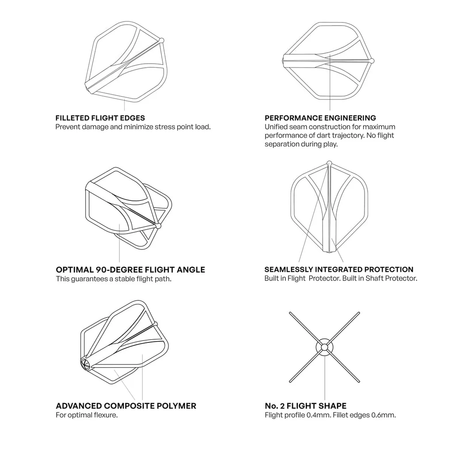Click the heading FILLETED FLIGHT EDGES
coord(100,118)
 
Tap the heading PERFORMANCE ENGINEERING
coord(320,118)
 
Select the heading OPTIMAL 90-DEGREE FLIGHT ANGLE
coord(131,270)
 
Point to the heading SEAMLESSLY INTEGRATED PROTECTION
coord(339,269)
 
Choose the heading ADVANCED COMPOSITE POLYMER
coord(126,406)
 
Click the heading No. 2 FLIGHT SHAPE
coord(306,406)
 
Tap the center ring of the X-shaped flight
coord(324,347)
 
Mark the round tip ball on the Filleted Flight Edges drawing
coord(161,40)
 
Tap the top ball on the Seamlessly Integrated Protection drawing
coord(329,163)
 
